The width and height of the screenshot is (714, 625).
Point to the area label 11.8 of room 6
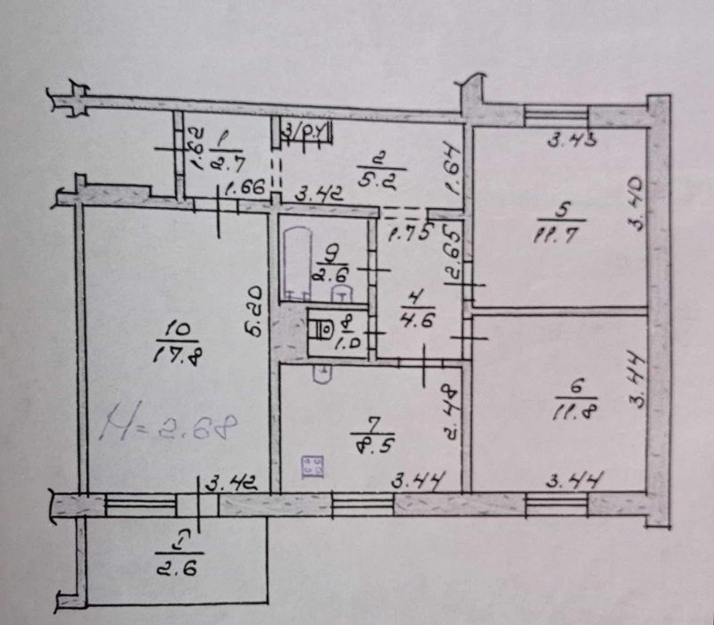tap(571, 411)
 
